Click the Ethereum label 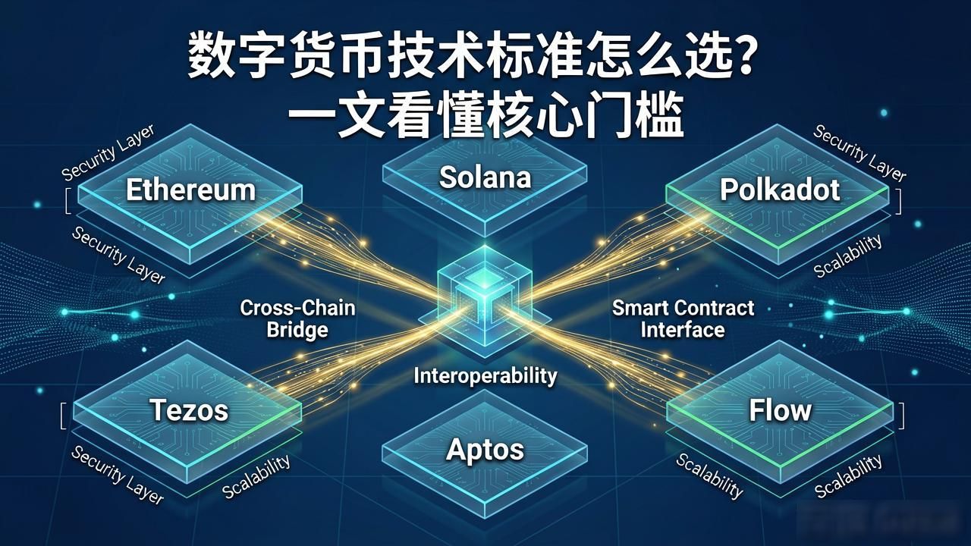coord(190,190)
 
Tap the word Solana coord(485,177)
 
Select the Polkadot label coord(780,190)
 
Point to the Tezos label coord(189,410)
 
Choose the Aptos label coord(485,450)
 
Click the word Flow coord(780,410)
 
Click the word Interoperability coord(485,376)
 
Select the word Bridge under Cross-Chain coord(297,330)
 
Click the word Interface coord(683,330)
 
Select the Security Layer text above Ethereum coord(108,152)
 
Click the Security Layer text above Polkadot coord(859,152)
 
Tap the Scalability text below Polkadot coord(848,256)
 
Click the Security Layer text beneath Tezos coord(118,475)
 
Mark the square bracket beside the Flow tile coord(903,416)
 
